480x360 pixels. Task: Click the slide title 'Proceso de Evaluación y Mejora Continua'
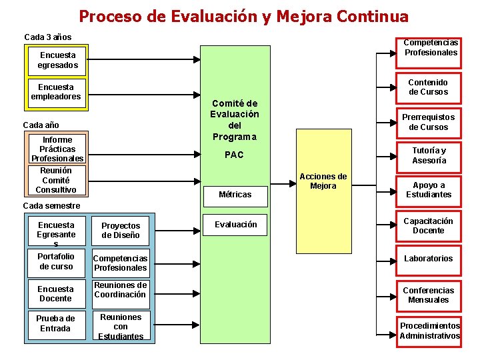(x=243, y=16)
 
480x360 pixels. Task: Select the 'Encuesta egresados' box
(x=58, y=61)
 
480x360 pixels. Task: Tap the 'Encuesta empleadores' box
(x=56, y=92)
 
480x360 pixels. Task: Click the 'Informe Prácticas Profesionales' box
(x=57, y=149)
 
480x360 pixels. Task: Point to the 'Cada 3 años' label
(x=47, y=37)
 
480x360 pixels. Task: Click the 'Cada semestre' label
(x=51, y=205)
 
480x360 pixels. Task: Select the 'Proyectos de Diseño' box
(x=121, y=231)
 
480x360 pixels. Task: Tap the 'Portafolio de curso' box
(x=56, y=261)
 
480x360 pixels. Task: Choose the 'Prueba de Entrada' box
(x=55, y=323)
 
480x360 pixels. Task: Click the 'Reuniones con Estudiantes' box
(x=121, y=327)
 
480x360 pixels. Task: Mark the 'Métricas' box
(x=235, y=195)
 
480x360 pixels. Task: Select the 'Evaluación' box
(x=235, y=225)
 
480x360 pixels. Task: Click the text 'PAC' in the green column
(x=234, y=155)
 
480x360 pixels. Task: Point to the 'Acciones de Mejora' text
(x=323, y=181)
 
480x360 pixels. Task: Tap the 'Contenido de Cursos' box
(x=429, y=87)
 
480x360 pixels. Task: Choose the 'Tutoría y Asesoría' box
(x=429, y=155)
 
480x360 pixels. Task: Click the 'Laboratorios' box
(x=428, y=259)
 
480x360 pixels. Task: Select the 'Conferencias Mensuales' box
(x=428, y=295)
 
